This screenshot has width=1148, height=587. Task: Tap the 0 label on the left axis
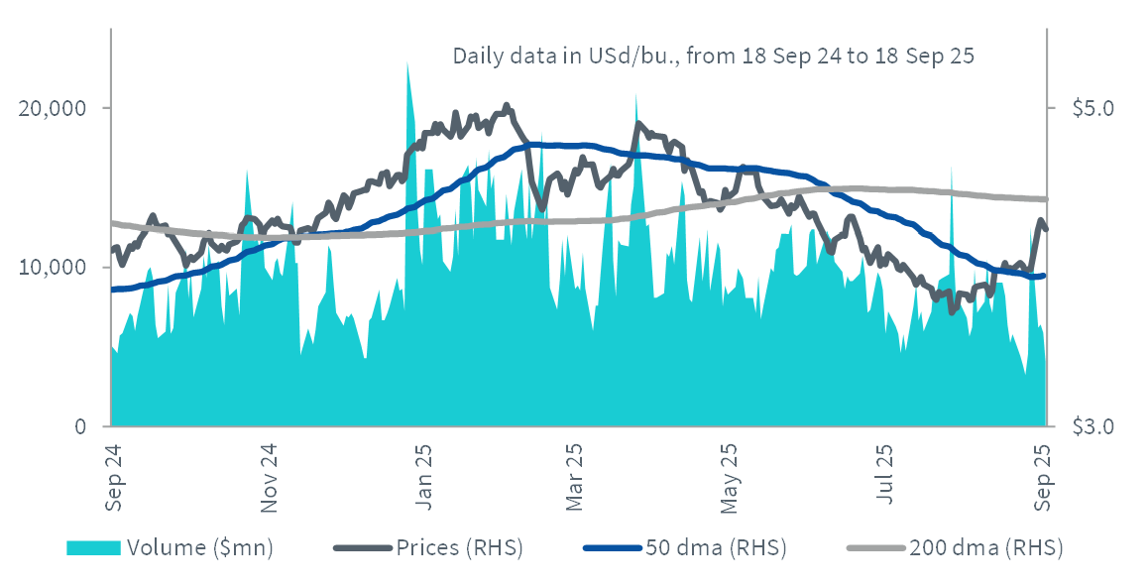pos(79,426)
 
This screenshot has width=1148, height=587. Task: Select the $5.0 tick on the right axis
pos(1093,108)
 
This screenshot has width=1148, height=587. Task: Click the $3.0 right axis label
pos(1093,426)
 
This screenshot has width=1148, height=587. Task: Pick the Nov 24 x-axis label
pos(269,477)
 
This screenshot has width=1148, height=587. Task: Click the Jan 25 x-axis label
pos(422,477)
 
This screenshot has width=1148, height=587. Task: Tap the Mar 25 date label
pos(574,477)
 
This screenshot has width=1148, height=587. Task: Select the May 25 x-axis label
pos(730,477)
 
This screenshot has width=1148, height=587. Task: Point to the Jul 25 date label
pos(884,474)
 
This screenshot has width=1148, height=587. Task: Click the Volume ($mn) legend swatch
pos(93,547)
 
